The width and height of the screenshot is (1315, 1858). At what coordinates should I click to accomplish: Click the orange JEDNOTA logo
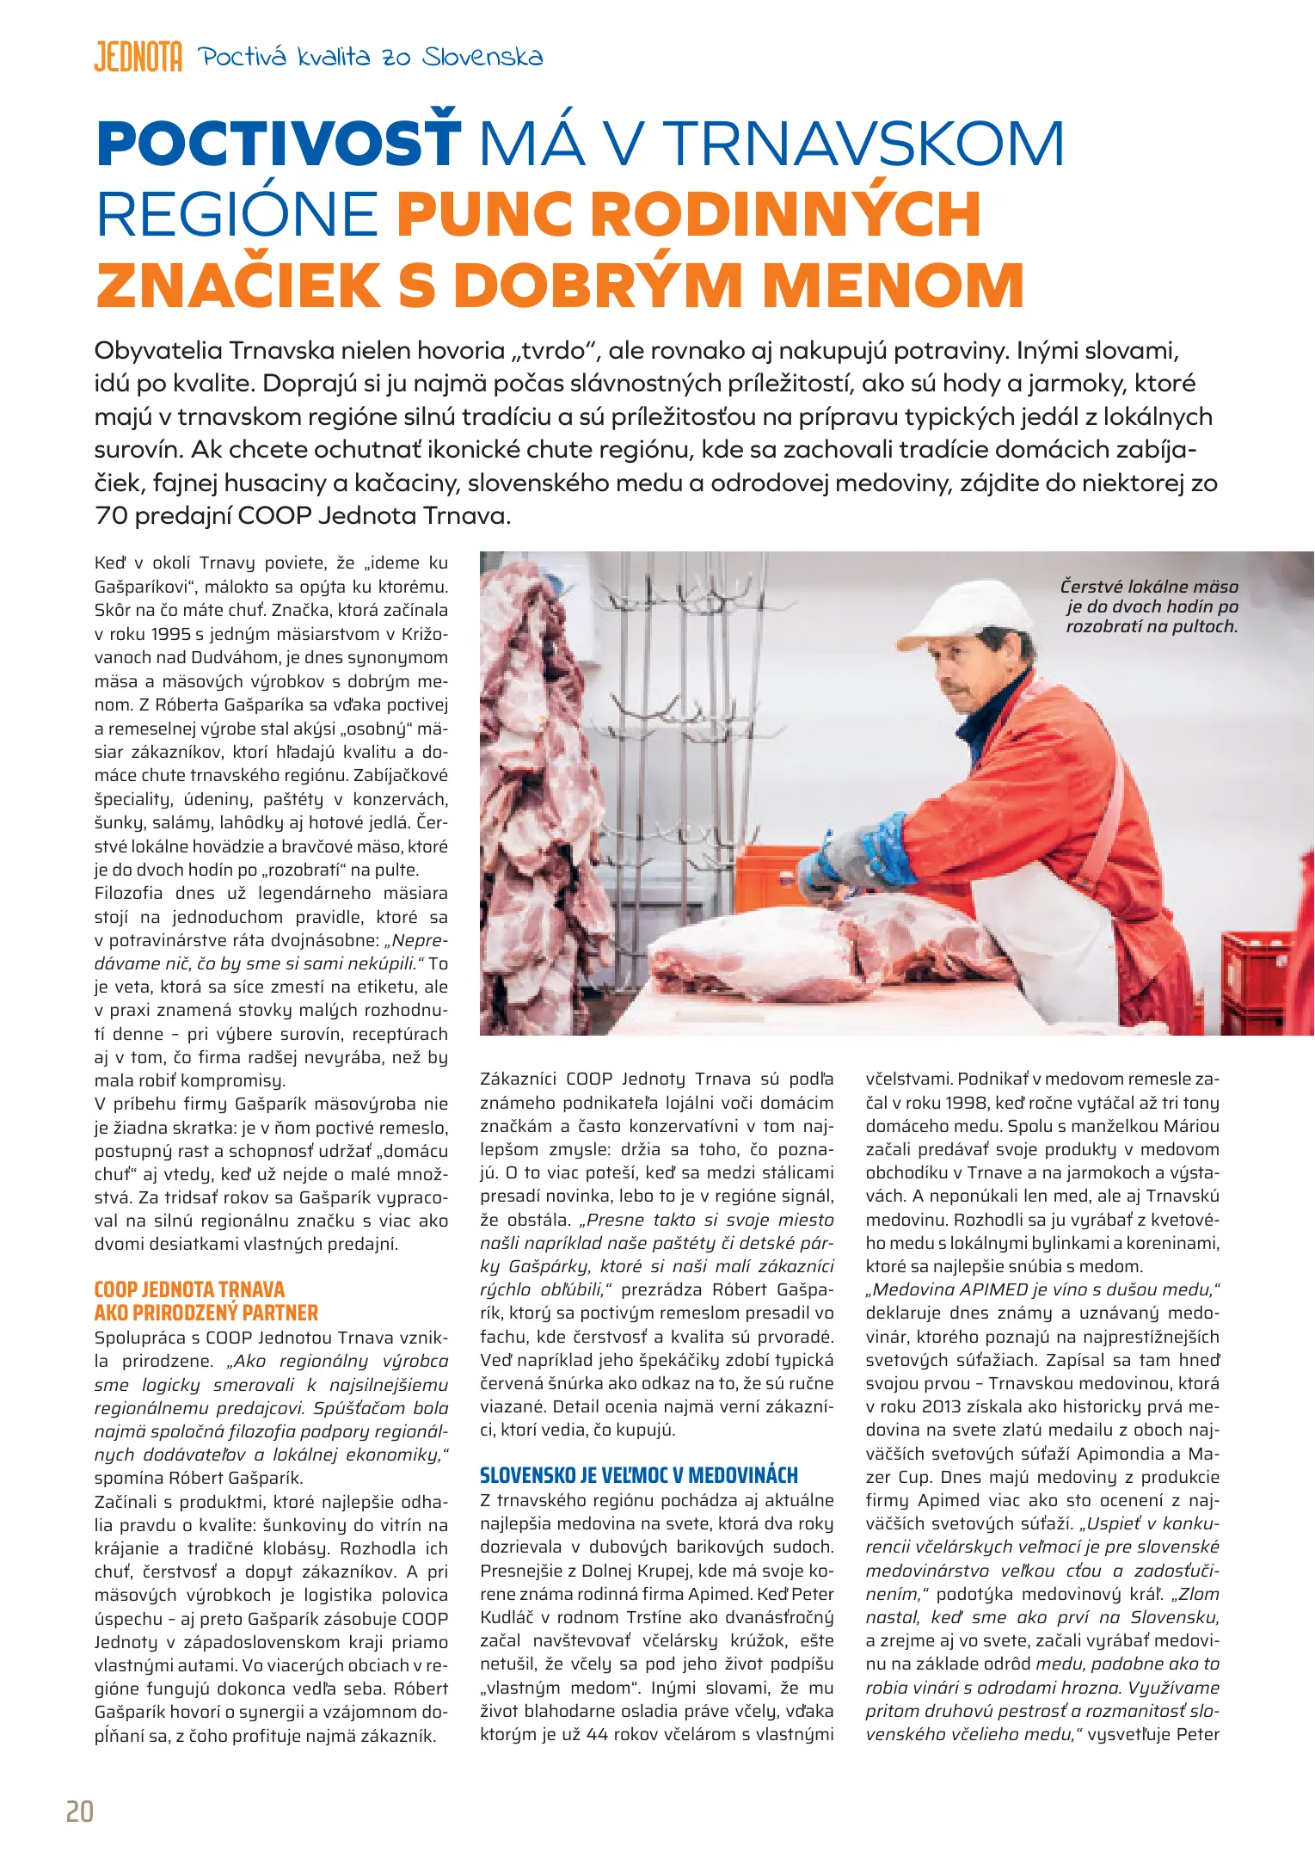pyautogui.click(x=138, y=57)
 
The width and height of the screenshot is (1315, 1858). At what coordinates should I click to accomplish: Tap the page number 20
pyautogui.click(x=80, y=1812)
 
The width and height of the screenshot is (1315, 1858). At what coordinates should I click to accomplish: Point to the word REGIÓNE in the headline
pyautogui.click(x=237, y=214)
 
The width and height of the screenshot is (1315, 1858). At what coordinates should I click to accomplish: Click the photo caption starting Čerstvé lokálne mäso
pyautogui.click(x=1151, y=606)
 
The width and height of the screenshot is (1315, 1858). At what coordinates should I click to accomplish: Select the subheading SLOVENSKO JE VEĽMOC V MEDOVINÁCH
pyautogui.click(x=639, y=1475)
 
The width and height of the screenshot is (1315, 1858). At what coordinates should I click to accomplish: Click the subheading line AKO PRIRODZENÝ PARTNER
pyautogui.click(x=206, y=1313)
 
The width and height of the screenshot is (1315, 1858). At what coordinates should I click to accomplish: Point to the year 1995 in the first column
pyautogui.click(x=170, y=635)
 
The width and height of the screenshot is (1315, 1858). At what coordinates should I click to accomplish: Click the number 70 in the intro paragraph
pyautogui.click(x=111, y=516)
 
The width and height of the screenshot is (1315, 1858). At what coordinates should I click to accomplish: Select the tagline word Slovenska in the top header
pyautogui.click(x=483, y=58)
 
